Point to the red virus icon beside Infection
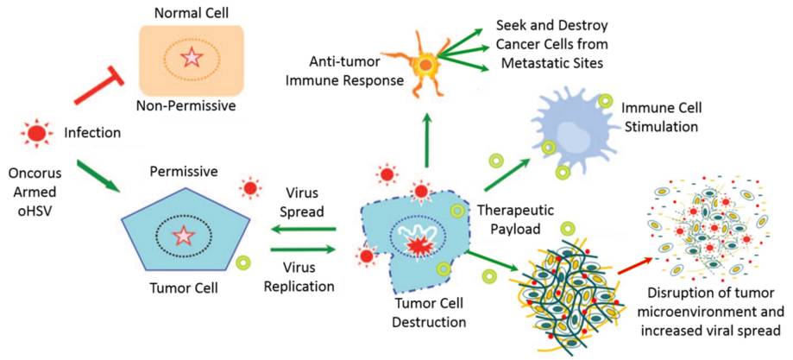coord(35,132)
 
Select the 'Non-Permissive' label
coord(186,105)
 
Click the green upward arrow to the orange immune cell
coord(425,139)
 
